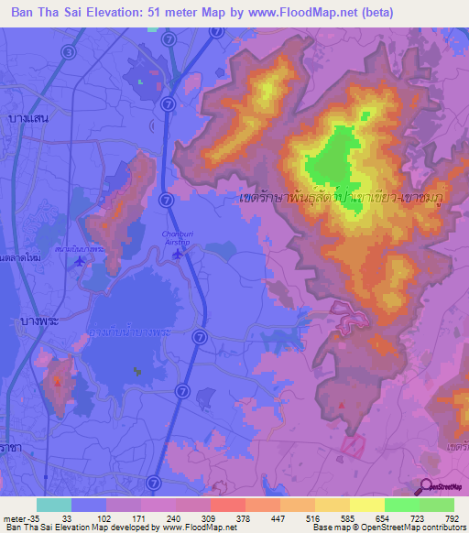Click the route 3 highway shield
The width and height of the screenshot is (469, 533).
(x=70, y=52)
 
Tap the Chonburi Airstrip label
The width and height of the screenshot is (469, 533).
(x=178, y=237)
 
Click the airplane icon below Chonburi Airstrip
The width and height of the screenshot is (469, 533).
(x=176, y=257)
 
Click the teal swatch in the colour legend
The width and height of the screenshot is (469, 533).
(x=54, y=505)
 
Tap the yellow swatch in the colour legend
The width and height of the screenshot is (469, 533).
(x=367, y=505)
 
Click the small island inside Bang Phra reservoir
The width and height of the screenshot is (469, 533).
(x=137, y=371)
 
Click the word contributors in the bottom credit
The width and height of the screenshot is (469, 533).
(x=439, y=528)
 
